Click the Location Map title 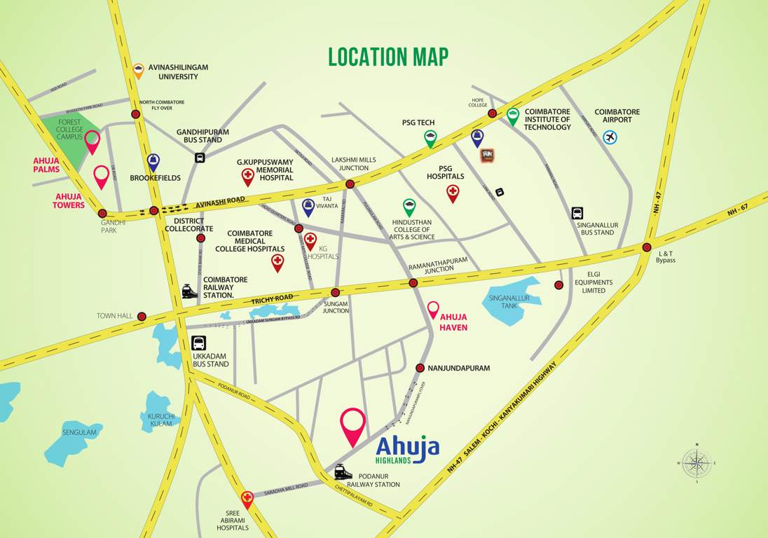[388, 57]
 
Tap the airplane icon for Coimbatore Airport [610, 137]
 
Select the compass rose [696, 462]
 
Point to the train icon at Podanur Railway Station [343, 471]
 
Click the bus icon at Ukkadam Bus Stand [199, 344]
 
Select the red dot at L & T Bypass [646, 247]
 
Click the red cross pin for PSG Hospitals [453, 193]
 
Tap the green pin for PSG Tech [430, 139]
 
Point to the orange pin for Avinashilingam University [139, 70]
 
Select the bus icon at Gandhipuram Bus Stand [200, 158]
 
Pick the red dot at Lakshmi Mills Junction [350, 184]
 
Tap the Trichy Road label [273, 299]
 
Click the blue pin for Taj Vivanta [308, 207]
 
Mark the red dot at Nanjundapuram [420, 368]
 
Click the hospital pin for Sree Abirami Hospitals [247, 499]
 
